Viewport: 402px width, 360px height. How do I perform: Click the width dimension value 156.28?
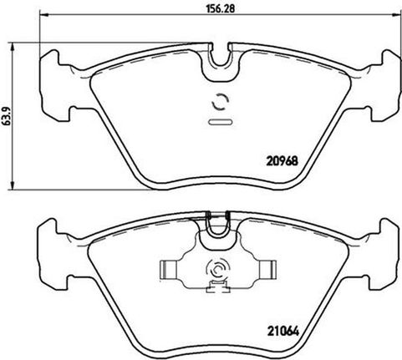click(x=221, y=8)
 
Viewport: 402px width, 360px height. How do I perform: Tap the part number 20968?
click(x=282, y=160)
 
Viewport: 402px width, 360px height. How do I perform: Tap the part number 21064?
click(x=283, y=332)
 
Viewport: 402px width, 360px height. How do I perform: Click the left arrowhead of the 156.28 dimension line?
click(x=43, y=14)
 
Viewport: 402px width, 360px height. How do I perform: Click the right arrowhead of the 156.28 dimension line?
click(x=397, y=14)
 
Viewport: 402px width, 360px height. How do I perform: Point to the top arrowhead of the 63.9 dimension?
click(x=12, y=47)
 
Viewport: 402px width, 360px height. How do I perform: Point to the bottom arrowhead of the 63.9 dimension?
click(x=12, y=185)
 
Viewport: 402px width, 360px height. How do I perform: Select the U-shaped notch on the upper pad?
click(x=221, y=63)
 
